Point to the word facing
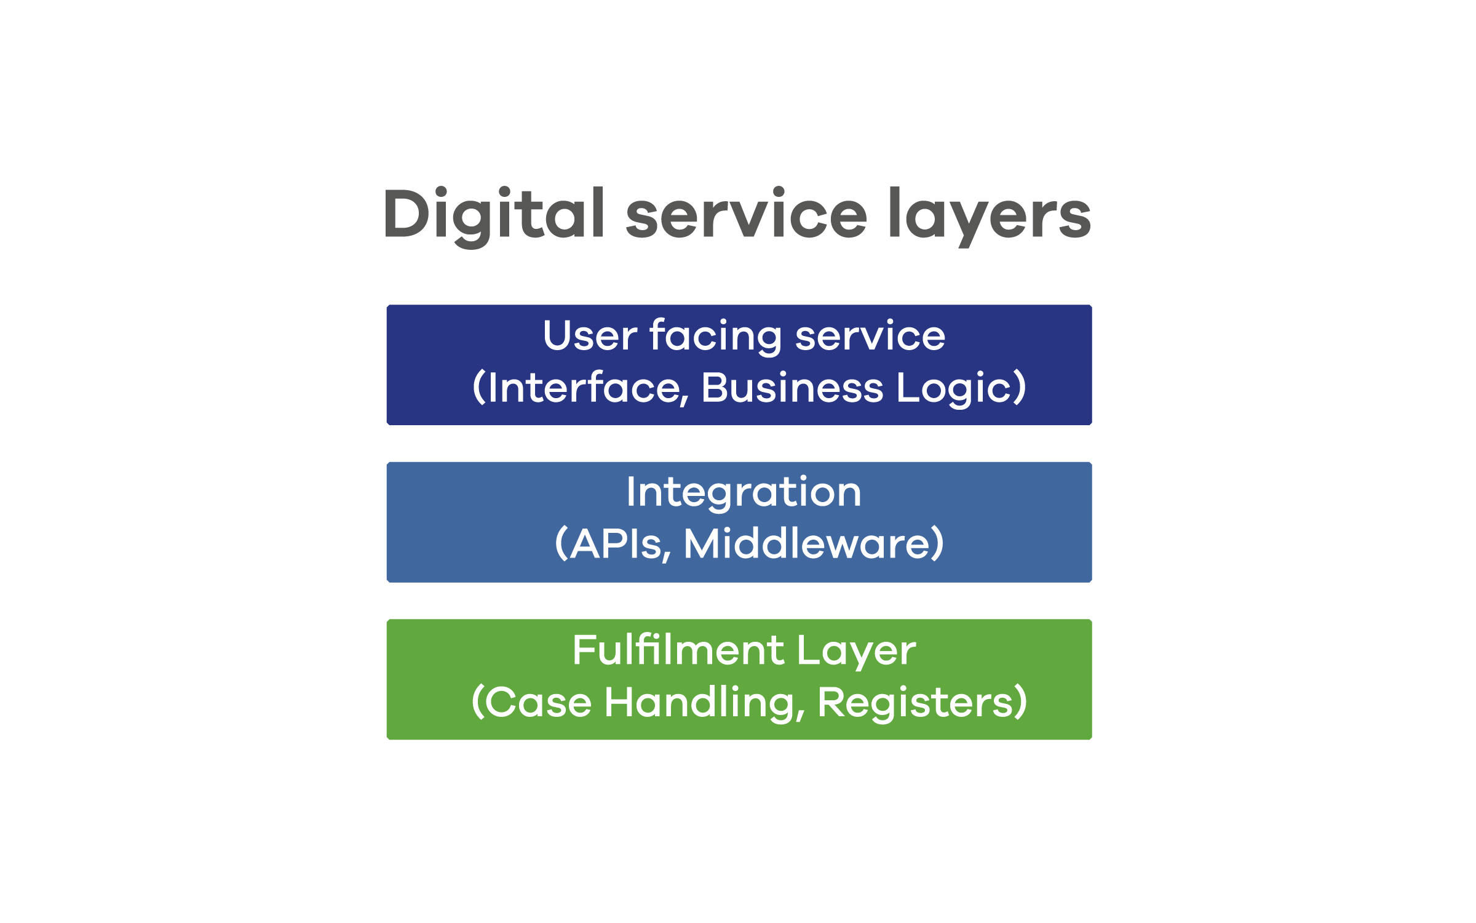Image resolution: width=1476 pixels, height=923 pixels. (716, 337)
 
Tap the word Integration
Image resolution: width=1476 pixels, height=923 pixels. (744, 492)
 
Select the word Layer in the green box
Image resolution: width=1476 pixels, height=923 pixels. (857, 651)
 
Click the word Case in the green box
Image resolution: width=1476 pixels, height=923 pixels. (539, 702)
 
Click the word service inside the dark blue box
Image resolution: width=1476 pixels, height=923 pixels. (870, 336)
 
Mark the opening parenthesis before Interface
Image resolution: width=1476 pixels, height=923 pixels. (479, 388)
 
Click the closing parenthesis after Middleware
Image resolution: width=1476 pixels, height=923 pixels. (937, 543)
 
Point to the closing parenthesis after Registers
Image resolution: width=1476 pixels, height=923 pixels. (1020, 702)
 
